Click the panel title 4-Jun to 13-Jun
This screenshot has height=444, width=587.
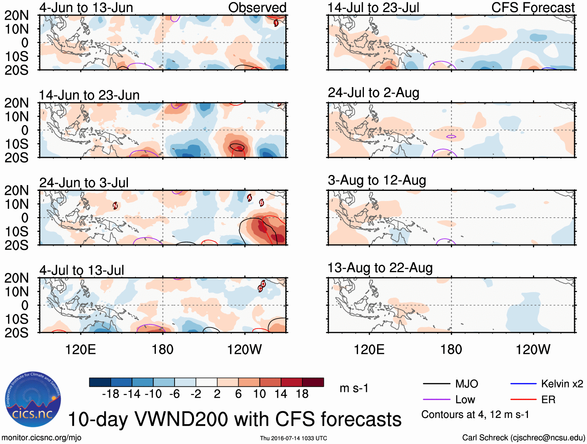click(x=86, y=7)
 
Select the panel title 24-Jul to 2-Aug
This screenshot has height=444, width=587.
click(x=373, y=93)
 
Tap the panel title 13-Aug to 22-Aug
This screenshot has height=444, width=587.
click(x=380, y=268)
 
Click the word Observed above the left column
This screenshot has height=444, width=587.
click(x=257, y=7)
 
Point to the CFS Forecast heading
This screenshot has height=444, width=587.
click(x=533, y=7)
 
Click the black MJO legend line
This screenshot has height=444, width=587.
click(x=436, y=384)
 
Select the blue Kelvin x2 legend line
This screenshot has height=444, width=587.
click(x=523, y=384)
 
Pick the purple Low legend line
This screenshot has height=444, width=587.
click(x=436, y=400)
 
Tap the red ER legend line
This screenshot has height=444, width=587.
click(x=523, y=400)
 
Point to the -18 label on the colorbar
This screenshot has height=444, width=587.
click(x=110, y=394)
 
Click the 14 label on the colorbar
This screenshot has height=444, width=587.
click(x=281, y=394)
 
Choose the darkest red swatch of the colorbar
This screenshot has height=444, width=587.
click(x=313, y=382)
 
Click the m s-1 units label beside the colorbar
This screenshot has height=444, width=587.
click(x=354, y=388)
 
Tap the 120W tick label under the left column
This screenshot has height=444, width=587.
click(x=244, y=350)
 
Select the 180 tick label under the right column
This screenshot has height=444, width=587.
click(x=451, y=350)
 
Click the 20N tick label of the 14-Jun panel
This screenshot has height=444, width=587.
click(x=16, y=103)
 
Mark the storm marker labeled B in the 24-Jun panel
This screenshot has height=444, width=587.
click(x=262, y=203)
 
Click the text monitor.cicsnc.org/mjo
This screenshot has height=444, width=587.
click(x=42, y=438)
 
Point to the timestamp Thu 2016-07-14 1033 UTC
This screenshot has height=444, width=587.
click(x=293, y=438)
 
